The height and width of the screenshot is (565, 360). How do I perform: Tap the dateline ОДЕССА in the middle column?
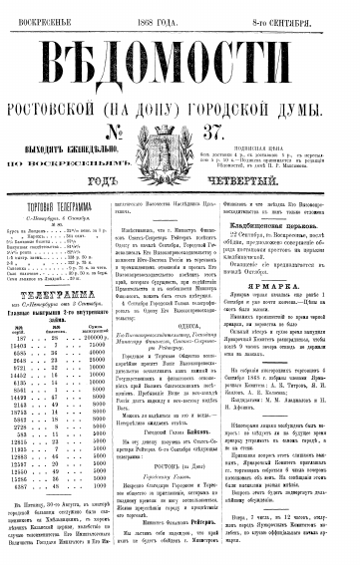coord(180,306)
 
